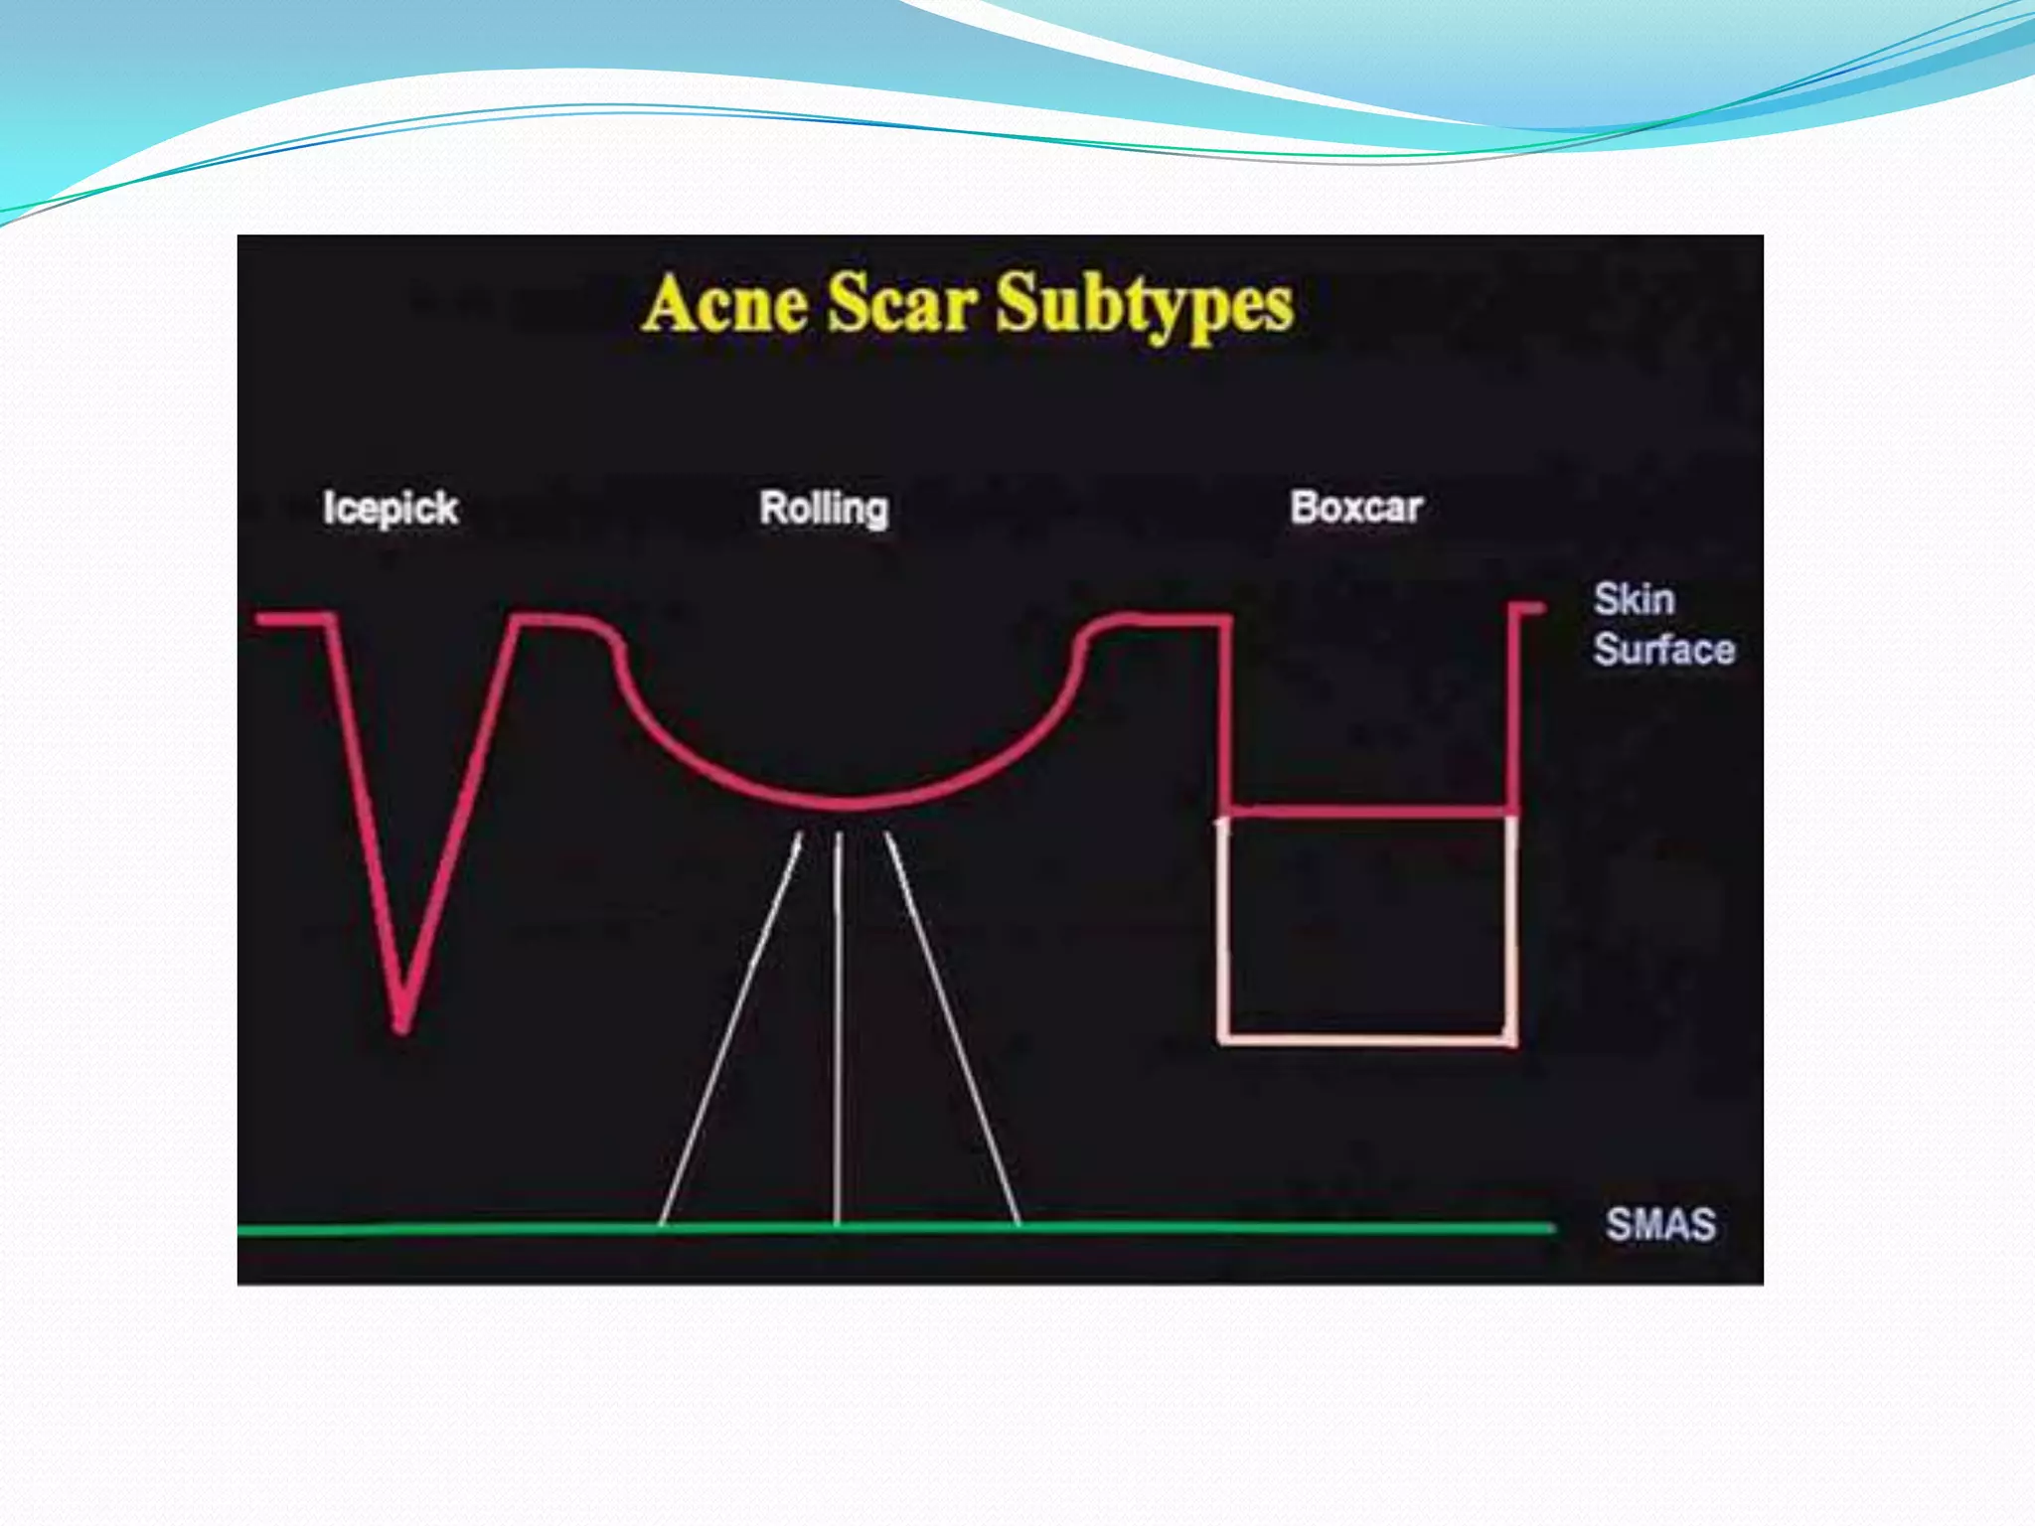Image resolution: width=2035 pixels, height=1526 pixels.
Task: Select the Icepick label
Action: (390, 509)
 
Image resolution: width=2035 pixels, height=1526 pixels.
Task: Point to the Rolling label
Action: (824, 509)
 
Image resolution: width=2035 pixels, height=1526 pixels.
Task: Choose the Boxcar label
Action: (1356, 508)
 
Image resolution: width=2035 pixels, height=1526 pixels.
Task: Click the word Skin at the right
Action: (1635, 599)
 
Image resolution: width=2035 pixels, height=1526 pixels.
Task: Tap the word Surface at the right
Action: (1664, 650)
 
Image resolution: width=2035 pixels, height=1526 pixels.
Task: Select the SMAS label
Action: (1660, 1224)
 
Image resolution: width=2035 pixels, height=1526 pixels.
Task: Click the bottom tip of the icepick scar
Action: (401, 1025)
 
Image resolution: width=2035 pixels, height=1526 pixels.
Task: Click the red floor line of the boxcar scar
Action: (1371, 812)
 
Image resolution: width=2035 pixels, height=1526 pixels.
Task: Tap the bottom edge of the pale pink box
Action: (1367, 1039)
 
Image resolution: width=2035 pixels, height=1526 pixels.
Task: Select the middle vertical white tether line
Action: (839, 1023)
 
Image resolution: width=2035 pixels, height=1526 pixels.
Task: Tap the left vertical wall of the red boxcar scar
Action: (1226, 715)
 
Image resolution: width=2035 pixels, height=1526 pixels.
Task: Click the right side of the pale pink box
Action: (1510, 929)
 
